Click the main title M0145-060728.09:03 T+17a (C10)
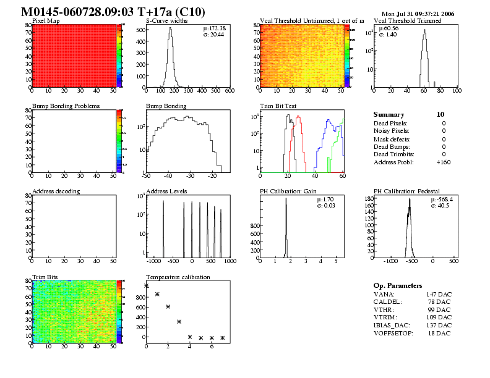point(113,12)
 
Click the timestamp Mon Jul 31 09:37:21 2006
point(418,14)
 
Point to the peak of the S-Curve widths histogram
point(170,28)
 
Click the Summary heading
point(389,114)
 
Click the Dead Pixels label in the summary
point(391,123)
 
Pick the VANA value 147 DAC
point(439,295)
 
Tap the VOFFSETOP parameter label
point(394,333)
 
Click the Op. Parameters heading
point(398,285)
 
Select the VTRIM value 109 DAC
point(439,317)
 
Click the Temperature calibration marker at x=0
point(146,285)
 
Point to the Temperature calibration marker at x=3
point(179,321)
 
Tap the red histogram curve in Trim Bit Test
point(299,117)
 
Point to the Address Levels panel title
point(166,191)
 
